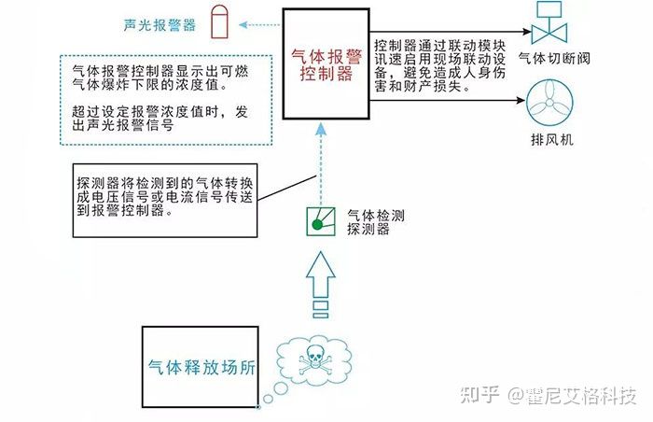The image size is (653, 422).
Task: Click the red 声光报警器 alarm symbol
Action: tap(219, 21)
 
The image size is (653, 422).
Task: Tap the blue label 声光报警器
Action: tap(160, 25)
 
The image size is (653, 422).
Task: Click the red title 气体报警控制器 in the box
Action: tap(326, 64)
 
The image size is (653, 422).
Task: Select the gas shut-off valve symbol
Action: tap(549, 23)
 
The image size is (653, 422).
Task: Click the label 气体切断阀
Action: tap(554, 59)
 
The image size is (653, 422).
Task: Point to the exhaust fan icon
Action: tap(549, 102)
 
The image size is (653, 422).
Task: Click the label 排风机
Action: tap(552, 139)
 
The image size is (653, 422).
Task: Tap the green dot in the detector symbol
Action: tap(317, 225)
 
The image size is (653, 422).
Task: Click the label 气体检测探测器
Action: tap(376, 222)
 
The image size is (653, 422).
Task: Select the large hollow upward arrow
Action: tap(321, 285)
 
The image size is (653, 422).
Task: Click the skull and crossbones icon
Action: tap(315, 359)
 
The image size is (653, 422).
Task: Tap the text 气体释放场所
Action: tap(201, 367)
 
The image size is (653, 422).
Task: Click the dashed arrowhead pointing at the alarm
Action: tap(244, 25)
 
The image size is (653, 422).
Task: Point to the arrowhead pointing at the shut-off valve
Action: tap(526, 31)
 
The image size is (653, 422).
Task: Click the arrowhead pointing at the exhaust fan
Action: tap(521, 100)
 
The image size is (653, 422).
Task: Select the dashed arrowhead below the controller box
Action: tap(321, 129)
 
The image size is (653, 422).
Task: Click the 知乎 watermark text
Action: tap(479, 395)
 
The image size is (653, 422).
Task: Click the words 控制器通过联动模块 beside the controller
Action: tap(439, 46)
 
